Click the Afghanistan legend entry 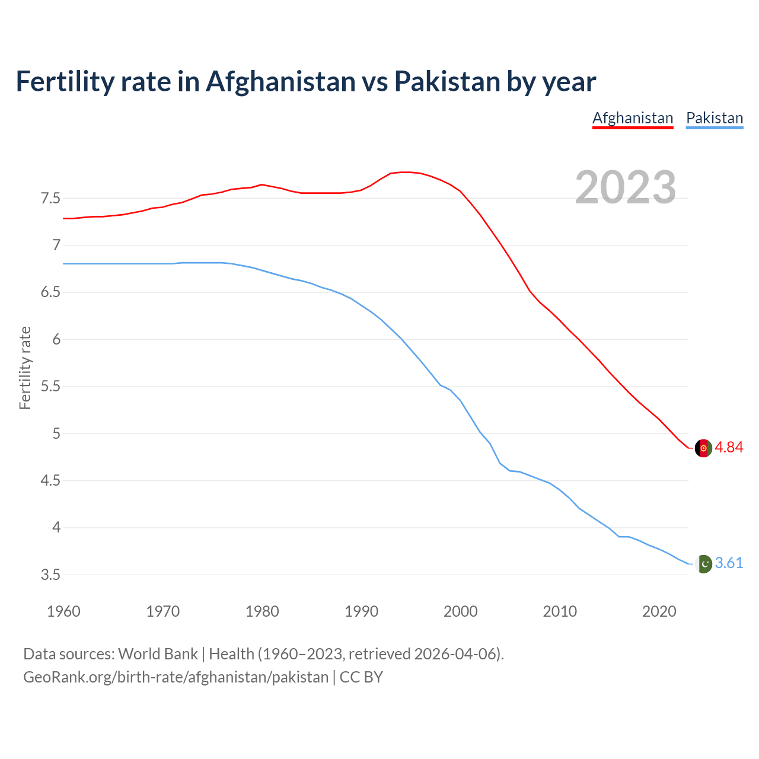[x=633, y=118]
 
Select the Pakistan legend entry [x=715, y=118]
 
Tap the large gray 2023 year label [x=626, y=187]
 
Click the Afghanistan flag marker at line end [x=703, y=448]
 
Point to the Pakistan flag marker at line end [x=703, y=563]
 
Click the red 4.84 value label [x=729, y=448]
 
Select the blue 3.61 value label [x=729, y=563]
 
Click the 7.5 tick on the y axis [x=50, y=198]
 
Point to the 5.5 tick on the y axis [x=50, y=387]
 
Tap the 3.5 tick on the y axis [x=50, y=575]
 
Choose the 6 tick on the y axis [x=56, y=339]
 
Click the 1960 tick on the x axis [x=63, y=611]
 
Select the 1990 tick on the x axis [x=361, y=611]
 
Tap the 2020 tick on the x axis [x=659, y=611]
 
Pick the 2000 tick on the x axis [x=460, y=611]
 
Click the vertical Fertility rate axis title [x=25, y=368]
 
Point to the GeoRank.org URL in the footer [x=176, y=677]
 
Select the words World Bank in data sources [x=158, y=654]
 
